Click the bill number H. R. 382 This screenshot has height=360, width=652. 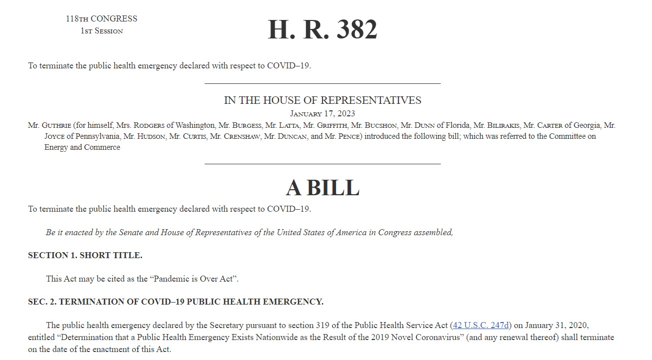(x=322, y=29)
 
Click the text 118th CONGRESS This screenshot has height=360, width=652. (x=101, y=19)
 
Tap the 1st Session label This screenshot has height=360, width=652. (x=101, y=31)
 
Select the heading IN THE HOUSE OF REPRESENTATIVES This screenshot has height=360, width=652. (x=323, y=100)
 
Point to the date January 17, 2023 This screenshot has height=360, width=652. (x=323, y=114)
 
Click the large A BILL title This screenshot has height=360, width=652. (x=323, y=188)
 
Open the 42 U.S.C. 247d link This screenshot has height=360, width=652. (x=481, y=326)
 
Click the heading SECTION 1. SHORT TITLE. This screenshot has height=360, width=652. (x=85, y=255)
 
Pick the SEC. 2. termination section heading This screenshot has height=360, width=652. (x=176, y=302)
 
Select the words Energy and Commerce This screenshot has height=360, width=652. (x=82, y=147)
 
